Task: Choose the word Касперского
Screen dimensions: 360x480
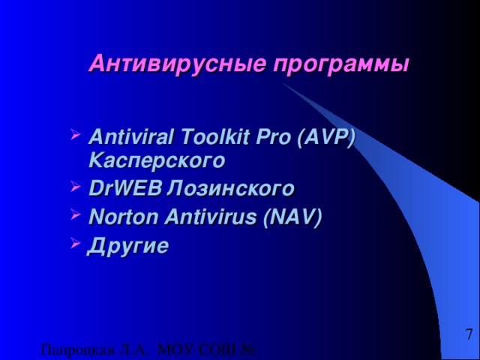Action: click(156, 160)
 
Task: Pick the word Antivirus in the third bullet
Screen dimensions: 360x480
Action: click(212, 217)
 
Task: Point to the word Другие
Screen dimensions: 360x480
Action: click(128, 245)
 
